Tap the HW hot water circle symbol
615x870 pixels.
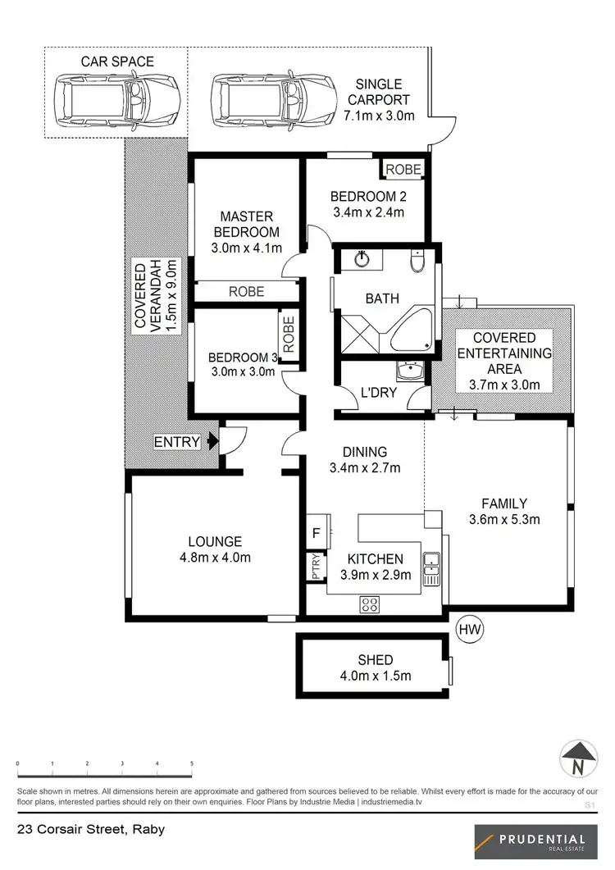tap(467, 630)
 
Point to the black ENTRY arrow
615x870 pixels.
tap(212, 442)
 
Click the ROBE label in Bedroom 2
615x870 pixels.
tap(403, 170)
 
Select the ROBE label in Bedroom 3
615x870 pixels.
tap(288, 335)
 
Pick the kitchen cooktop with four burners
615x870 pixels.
tap(371, 605)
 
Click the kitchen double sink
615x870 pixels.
tap(431, 566)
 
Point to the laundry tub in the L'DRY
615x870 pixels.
tap(408, 374)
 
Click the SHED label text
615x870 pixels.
tap(376, 659)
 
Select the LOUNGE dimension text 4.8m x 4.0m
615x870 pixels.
tap(215, 558)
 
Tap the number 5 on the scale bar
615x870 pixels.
tap(192, 763)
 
